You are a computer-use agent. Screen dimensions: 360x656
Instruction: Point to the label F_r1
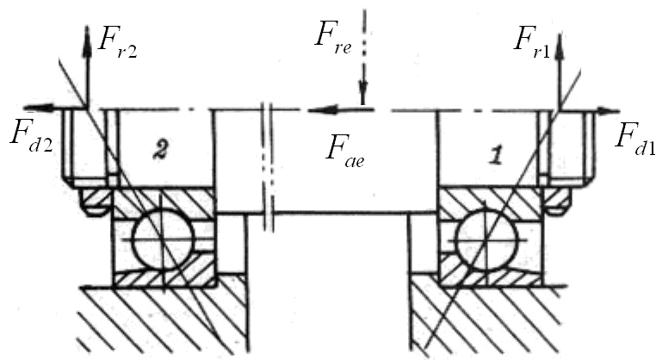530,39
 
